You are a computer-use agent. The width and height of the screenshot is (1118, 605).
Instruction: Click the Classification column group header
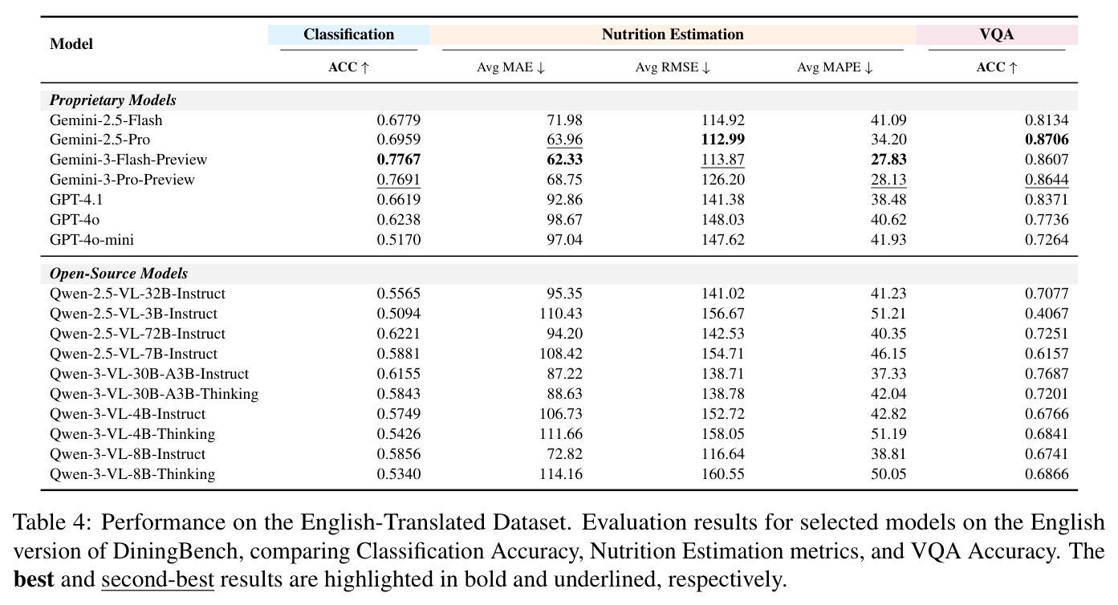pyautogui.click(x=348, y=35)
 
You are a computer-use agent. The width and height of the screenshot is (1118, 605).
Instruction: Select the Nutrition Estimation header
pyautogui.click(x=673, y=35)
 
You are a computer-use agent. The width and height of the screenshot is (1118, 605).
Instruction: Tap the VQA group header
pyautogui.click(x=996, y=35)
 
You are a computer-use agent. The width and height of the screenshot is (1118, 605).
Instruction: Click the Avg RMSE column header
pyautogui.click(x=673, y=67)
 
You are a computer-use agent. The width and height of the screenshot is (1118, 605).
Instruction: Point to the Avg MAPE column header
pyautogui.click(x=835, y=67)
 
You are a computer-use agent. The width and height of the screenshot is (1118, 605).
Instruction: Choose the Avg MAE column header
pyautogui.click(x=510, y=67)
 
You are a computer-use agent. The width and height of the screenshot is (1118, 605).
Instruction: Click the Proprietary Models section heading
pyautogui.click(x=113, y=100)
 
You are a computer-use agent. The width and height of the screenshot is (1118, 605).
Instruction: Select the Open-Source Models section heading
pyautogui.click(x=119, y=274)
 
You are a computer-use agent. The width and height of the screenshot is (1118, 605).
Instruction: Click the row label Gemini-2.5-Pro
pyautogui.click(x=100, y=140)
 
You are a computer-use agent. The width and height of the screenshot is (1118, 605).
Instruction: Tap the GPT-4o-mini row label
pyautogui.click(x=91, y=240)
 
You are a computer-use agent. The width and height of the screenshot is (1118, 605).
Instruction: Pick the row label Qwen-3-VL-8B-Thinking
pyautogui.click(x=132, y=473)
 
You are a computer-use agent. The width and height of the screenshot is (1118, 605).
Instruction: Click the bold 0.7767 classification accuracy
pyautogui.click(x=399, y=159)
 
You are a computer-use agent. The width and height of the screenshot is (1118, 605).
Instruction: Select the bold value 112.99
pyautogui.click(x=722, y=140)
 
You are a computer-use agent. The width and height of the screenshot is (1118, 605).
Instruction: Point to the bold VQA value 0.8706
pyautogui.click(x=1047, y=140)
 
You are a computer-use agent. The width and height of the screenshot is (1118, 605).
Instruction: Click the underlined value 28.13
pyautogui.click(x=888, y=179)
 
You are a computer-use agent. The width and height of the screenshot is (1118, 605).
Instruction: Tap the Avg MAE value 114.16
pyautogui.click(x=561, y=473)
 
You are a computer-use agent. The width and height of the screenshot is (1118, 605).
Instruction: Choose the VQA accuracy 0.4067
pyautogui.click(x=1047, y=314)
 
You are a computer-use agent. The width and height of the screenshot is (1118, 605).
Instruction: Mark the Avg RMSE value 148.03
pyautogui.click(x=722, y=220)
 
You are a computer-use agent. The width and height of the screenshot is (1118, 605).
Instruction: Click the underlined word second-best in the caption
pyautogui.click(x=158, y=579)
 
